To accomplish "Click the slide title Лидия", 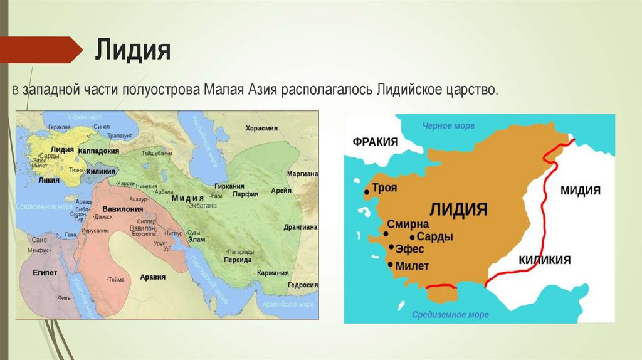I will (132, 50).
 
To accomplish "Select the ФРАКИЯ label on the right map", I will (376, 142).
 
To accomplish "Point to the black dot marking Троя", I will (366, 192).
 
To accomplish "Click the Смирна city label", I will (408, 224).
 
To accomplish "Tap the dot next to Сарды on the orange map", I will (412, 237).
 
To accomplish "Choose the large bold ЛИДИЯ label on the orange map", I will (458, 208).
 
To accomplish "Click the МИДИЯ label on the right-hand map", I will (581, 190).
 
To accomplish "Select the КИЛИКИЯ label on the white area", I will (544, 260).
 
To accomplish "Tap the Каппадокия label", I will (100, 151).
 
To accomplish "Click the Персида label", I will (238, 259).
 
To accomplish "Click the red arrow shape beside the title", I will (41, 50).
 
